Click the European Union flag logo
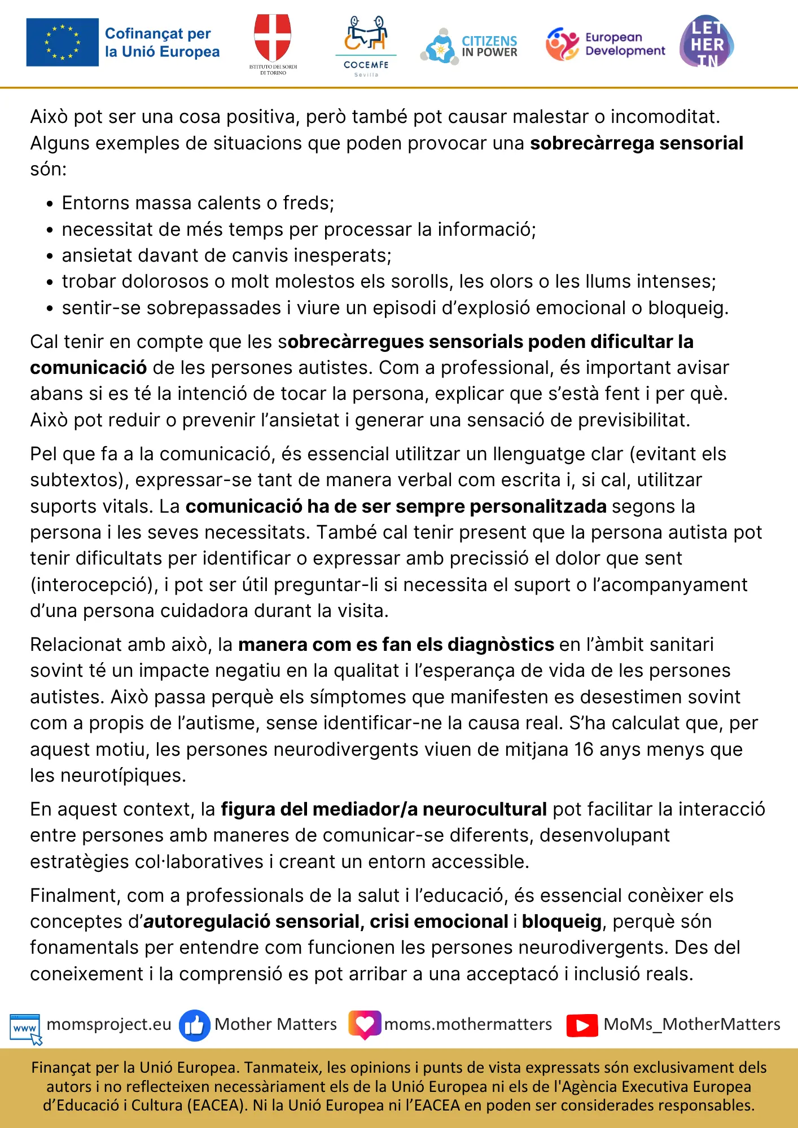tap(62, 42)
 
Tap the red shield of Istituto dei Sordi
tap(273, 37)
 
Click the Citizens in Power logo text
tap(489, 46)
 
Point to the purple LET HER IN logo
tap(707, 42)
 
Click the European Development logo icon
tap(562, 44)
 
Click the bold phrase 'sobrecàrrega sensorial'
tap(636, 143)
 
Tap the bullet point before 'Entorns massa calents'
tap(50, 204)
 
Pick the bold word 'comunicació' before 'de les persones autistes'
tap(88, 368)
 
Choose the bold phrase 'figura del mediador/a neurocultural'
tap(384, 809)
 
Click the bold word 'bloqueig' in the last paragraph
tap(562, 922)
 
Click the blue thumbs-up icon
tap(194, 1025)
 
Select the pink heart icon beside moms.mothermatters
tap(365, 1024)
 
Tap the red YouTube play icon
tap(582, 1025)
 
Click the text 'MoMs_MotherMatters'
tap(692, 1024)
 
